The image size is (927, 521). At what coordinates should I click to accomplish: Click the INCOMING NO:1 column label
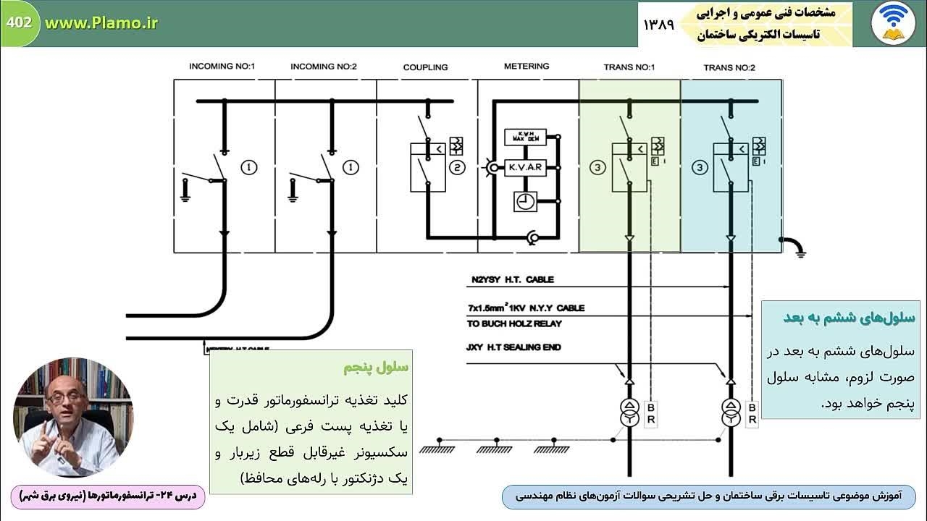pos(222,67)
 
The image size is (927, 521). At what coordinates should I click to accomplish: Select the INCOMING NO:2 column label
pos(324,67)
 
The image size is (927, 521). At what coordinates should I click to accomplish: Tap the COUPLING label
pos(425,67)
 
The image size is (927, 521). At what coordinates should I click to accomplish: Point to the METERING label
pos(527,67)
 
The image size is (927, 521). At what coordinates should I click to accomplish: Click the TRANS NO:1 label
pos(629,67)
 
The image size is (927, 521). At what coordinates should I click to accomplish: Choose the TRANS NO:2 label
pos(729,67)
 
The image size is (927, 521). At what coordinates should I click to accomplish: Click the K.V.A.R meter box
pos(524,167)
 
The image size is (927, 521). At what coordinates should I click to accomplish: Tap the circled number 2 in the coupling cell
pos(457,168)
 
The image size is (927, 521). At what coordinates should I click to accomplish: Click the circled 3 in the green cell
pos(597,168)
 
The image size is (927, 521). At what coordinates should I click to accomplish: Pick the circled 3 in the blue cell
pos(699,168)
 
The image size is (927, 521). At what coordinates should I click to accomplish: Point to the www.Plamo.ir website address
pos(101,22)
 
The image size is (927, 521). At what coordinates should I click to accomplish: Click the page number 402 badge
pos(19,22)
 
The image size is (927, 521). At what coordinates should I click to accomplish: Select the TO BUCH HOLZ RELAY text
pos(514,323)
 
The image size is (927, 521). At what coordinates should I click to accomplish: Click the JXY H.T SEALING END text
pos(513,347)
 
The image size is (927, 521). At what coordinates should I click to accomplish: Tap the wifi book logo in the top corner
pos(892,23)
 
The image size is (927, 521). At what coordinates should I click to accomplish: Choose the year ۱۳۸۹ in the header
pos(658,24)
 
